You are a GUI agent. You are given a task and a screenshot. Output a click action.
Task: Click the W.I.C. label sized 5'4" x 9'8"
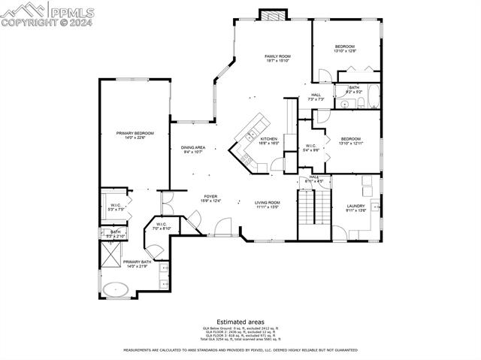(312, 147)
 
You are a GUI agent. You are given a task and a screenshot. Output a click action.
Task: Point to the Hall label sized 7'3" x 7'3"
(316, 96)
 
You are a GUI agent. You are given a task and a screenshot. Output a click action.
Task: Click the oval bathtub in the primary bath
(116, 289)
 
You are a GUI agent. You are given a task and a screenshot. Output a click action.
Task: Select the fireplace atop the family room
(272, 15)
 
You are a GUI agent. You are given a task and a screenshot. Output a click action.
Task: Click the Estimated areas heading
(240, 321)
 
